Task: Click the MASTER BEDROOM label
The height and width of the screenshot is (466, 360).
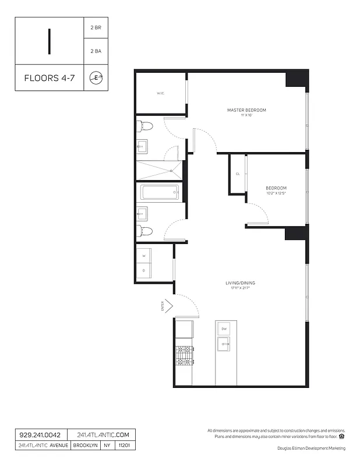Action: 246,110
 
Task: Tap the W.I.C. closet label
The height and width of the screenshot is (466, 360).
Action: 161,93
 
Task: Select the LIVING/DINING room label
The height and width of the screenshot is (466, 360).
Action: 241,283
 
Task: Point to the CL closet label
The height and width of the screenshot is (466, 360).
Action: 238,174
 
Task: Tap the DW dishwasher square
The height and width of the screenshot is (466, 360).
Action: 224,329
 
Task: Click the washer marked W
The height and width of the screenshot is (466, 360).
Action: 144,256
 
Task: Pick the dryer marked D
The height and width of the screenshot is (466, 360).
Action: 144,270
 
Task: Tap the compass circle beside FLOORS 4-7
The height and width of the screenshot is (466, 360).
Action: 96,77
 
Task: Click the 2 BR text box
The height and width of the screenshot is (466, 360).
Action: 96,27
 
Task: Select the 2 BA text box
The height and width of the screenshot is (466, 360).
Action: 96,51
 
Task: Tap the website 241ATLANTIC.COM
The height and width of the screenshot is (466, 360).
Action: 101,435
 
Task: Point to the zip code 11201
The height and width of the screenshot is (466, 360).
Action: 125,446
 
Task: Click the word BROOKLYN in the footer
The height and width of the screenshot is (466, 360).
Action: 86,446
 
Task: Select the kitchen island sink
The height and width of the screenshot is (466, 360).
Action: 224,345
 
